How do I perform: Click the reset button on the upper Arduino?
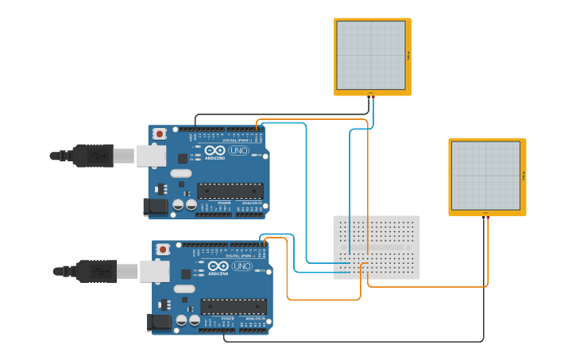point(159,134)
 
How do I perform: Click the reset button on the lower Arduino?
point(163,250)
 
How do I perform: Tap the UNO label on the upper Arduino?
point(238,151)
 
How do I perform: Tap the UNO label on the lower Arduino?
point(242,266)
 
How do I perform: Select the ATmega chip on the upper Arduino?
point(230,191)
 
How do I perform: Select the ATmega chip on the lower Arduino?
point(233,307)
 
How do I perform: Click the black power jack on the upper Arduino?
point(156,207)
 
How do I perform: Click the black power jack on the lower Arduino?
point(159,322)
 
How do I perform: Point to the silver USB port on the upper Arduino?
point(151,156)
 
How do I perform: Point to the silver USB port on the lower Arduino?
point(154,271)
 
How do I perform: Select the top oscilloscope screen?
point(371,55)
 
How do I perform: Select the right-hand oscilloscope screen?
point(485,176)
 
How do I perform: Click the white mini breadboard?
point(377,247)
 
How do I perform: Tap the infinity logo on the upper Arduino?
point(215,151)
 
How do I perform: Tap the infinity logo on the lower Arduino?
point(218,266)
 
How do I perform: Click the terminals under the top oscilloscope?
point(371,95)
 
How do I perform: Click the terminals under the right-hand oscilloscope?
point(485,215)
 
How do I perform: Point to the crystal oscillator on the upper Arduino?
point(180,173)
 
